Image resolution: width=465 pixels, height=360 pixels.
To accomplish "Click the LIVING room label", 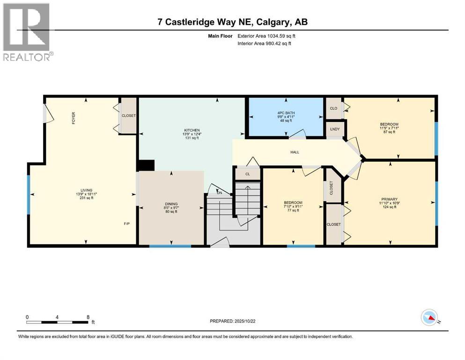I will (86, 190).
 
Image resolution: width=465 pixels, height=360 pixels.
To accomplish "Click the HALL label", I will (295, 152).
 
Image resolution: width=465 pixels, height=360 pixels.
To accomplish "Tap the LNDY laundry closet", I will (335, 129).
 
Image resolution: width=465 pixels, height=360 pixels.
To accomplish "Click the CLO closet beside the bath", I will (333, 108).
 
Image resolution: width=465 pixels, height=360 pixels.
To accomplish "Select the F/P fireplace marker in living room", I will (126, 224).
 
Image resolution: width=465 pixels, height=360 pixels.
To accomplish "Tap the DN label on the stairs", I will (219, 194).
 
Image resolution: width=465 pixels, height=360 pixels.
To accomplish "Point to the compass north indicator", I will (429, 318).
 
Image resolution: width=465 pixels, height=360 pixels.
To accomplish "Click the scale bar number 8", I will (88, 317).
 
